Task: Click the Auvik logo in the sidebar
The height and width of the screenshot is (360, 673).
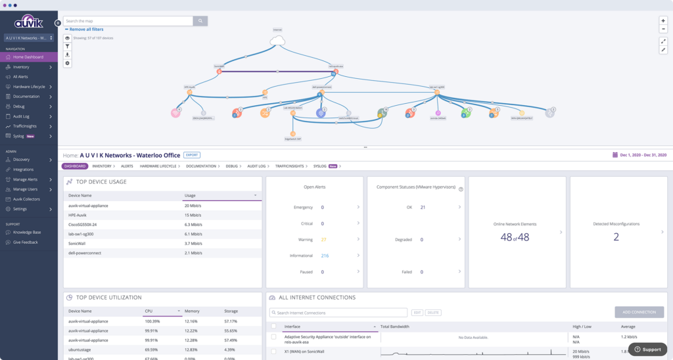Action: (28, 22)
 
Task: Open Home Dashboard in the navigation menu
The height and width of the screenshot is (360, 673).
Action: (28, 57)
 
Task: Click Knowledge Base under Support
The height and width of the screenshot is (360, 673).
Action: (27, 233)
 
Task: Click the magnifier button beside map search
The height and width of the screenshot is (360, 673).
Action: (200, 21)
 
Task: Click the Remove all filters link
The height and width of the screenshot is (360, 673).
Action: (85, 30)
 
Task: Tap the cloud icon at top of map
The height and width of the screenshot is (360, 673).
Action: (277, 41)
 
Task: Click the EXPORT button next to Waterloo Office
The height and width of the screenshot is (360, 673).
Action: (191, 155)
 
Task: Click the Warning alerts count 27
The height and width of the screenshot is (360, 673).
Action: (323, 240)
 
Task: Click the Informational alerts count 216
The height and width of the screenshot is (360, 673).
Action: (325, 256)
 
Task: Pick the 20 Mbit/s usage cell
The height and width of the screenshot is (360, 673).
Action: (193, 206)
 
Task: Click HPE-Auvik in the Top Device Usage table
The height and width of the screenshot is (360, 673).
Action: (78, 215)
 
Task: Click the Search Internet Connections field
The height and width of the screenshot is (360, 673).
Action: (338, 313)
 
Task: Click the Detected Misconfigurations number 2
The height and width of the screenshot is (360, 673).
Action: (616, 237)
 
